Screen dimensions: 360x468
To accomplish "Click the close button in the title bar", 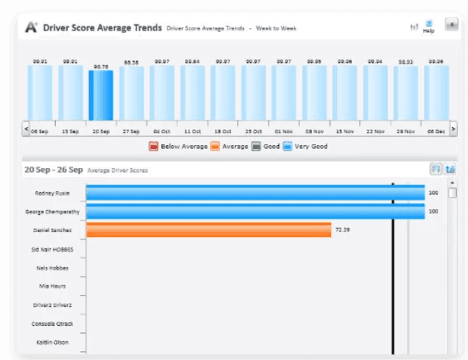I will tap(451, 24).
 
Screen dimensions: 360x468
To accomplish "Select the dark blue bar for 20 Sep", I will tap(101, 95).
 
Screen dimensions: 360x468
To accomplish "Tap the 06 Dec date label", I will tap(436, 131).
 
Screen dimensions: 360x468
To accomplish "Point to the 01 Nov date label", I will tap(283, 131).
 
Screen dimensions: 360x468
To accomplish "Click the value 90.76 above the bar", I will tap(101, 65).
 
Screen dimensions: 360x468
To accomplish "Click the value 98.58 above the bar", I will tap(131, 62).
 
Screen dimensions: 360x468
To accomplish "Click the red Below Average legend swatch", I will tap(153, 146).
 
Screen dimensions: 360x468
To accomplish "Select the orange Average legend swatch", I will tap(215, 146).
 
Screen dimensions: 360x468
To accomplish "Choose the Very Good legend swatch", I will tap(287, 146).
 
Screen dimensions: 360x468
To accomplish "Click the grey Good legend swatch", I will tap(256, 146).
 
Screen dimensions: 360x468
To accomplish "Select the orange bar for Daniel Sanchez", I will tap(208, 230).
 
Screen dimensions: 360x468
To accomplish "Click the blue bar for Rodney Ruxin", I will tap(255, 192).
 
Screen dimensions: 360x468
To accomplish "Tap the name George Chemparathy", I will tap(52, 212).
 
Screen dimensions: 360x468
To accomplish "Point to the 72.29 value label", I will tap(342, 230).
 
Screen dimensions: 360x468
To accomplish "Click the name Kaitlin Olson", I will tap(52, 342).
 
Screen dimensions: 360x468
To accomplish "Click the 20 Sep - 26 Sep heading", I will tap(53, 170).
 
